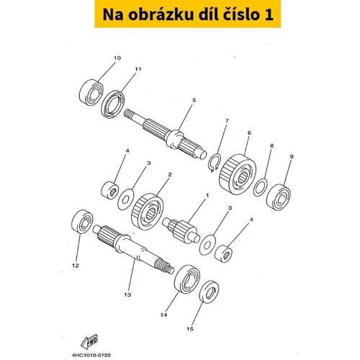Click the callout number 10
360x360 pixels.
[117, 58]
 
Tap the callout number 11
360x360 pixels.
[138, 69]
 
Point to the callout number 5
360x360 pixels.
[194, 100]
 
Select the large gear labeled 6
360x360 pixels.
[238, 174]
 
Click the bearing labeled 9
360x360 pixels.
[279, 197]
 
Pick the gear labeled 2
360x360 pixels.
[148, 212]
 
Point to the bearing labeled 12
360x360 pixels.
[83, 221]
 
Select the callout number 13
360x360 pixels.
[127, 294]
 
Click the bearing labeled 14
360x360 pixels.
[187, 279]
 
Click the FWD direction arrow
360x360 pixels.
[89, 341]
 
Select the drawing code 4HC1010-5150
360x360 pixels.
[91, 355]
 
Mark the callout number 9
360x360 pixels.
[292, 157]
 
